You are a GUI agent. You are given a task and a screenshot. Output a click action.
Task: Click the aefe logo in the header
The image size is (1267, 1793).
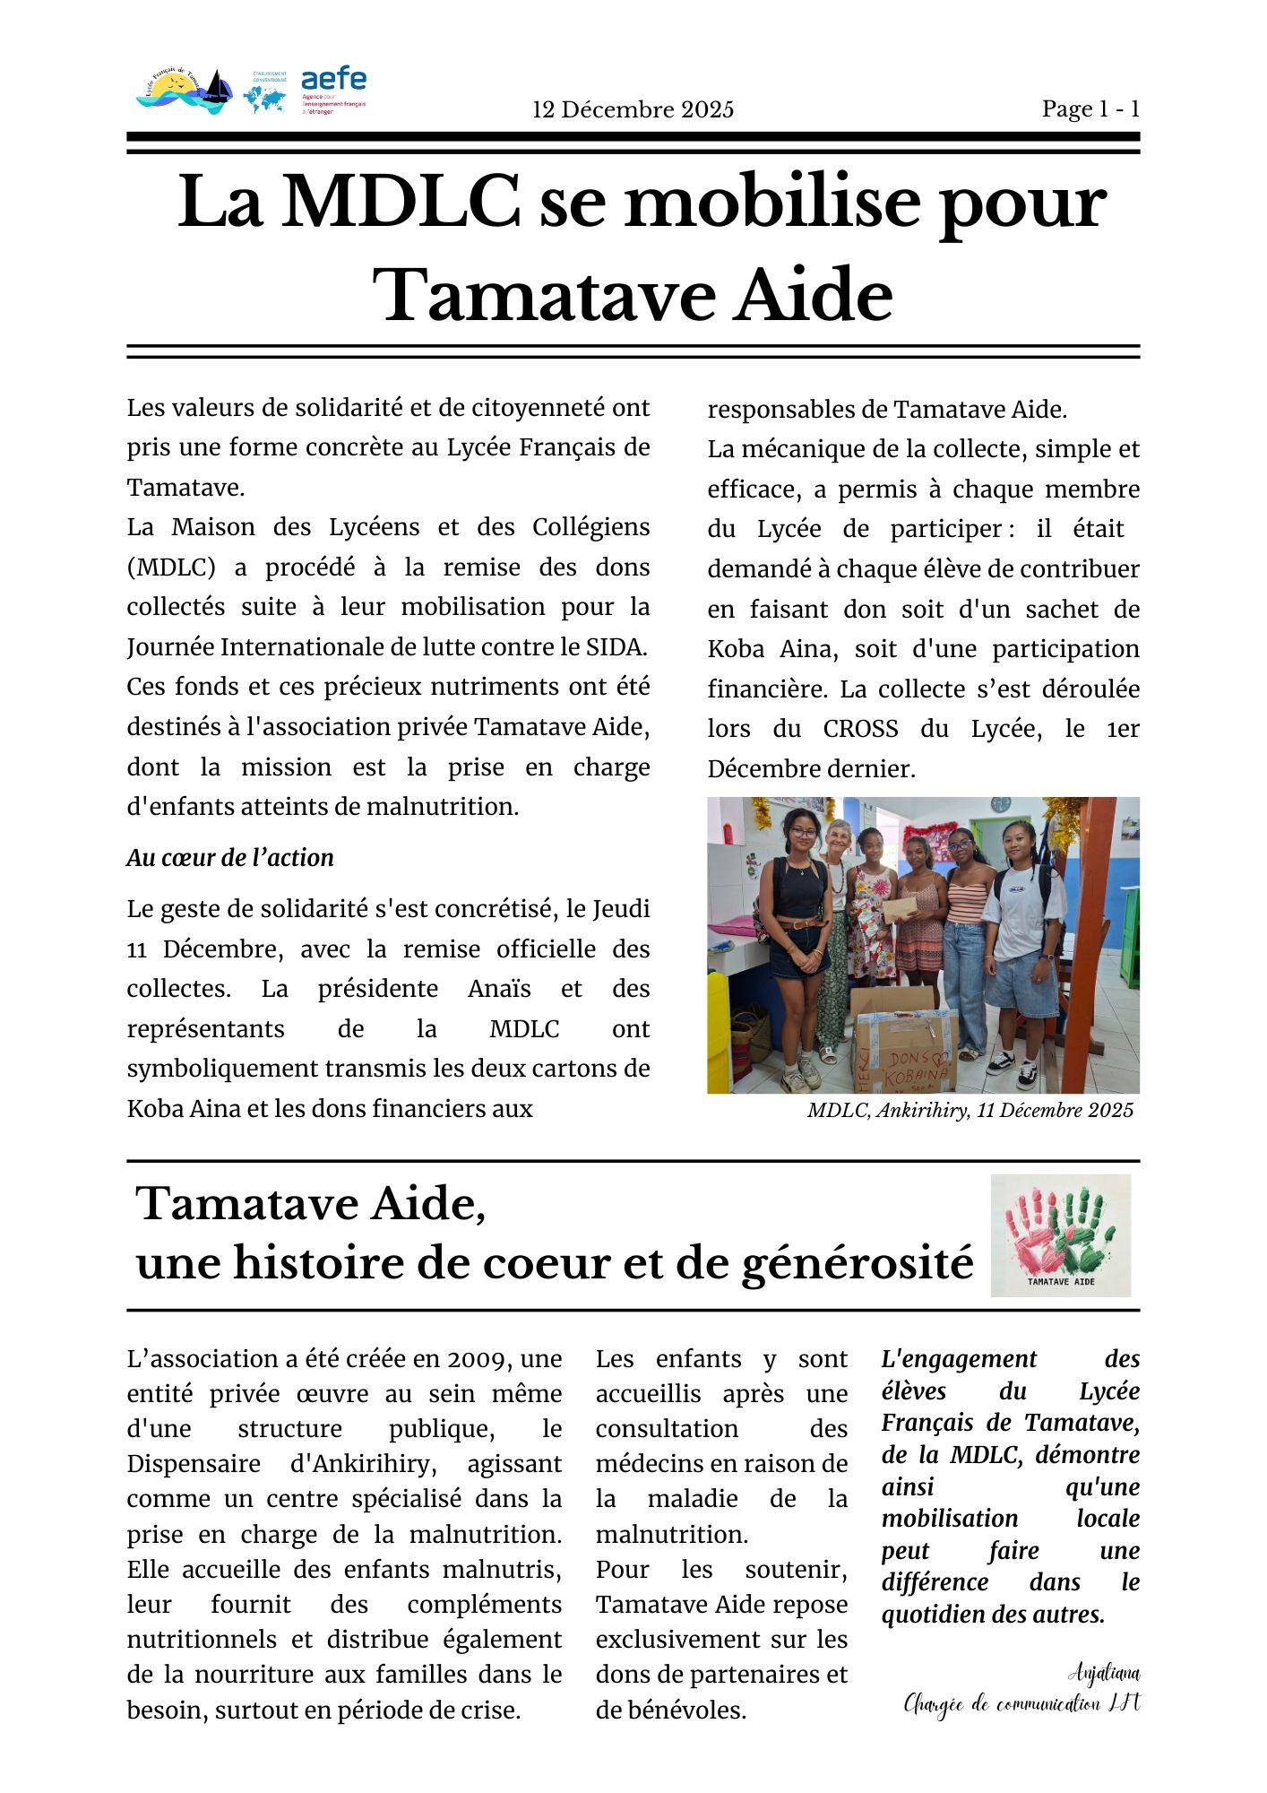(333, 90)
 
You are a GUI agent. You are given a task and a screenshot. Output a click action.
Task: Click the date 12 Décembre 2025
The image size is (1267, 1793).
(633, 110)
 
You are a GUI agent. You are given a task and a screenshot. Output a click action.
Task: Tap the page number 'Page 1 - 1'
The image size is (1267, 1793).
(1090, 109)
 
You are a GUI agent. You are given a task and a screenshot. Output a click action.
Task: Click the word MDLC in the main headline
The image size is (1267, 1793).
(401, 203)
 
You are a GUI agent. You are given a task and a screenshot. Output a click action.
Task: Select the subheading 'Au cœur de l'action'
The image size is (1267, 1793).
(230, 858)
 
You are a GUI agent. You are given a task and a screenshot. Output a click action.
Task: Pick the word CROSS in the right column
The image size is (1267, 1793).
(860, 729)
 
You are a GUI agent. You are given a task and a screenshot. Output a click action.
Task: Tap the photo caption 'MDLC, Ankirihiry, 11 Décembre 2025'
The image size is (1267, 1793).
(970, 1111)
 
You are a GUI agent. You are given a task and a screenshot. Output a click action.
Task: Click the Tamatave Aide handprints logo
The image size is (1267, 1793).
(1060, 1234)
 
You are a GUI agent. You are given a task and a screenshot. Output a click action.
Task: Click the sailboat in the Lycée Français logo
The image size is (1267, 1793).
(215, 88)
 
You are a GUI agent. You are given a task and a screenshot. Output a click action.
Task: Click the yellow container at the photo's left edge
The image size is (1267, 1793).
(719, 1031)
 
